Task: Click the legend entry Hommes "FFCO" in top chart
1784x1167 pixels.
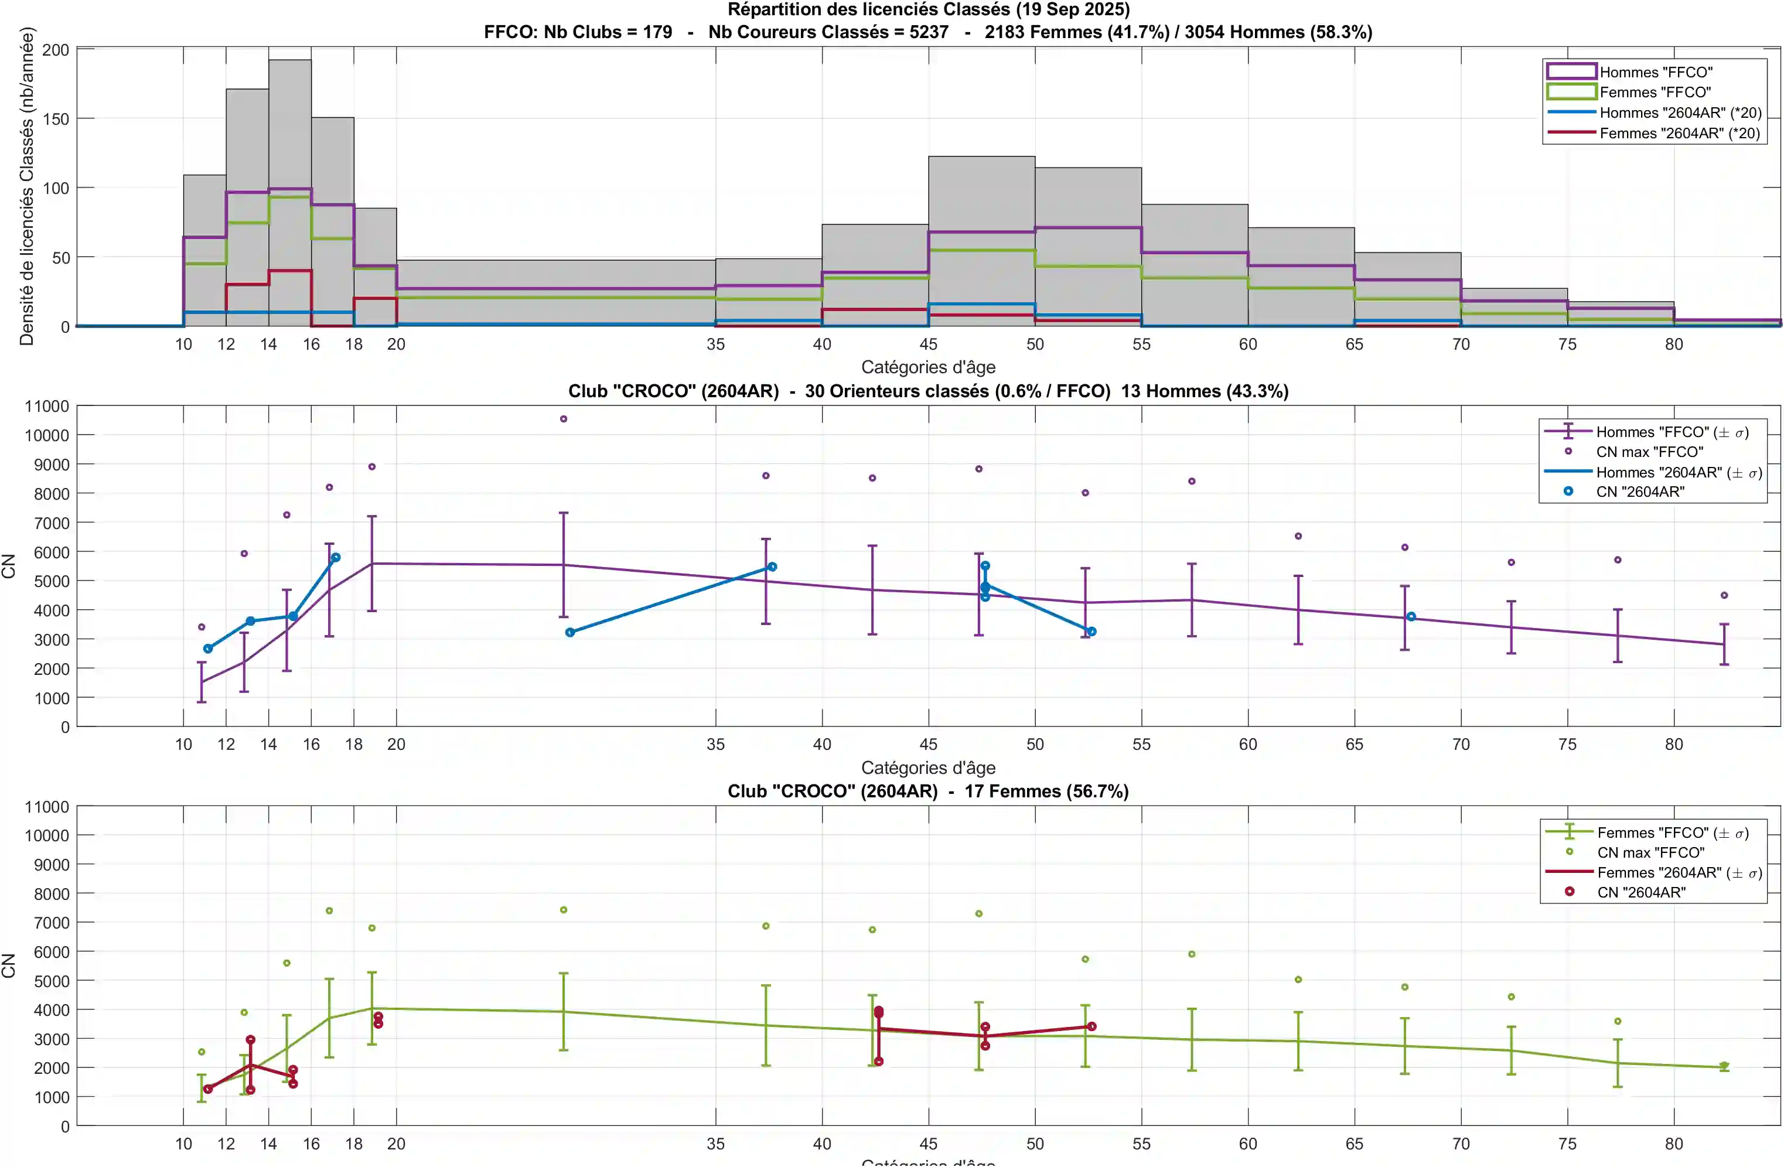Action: coord(1655,72)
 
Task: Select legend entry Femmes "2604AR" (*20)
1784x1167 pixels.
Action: coord(1679,134)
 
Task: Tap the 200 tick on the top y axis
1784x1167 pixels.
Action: coord(56,50)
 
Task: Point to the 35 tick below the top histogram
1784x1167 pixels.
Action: coord(715,344)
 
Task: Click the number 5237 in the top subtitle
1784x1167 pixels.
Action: coord(929,32)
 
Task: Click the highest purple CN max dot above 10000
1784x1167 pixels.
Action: coord(564,419)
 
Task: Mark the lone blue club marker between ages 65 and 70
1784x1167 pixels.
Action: coord(1411,617)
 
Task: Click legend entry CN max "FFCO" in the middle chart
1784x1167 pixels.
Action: coord(1649,452)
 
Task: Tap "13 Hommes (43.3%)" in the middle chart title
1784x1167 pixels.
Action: coord(1205,391)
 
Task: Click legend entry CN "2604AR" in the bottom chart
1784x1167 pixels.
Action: coord(1641,892)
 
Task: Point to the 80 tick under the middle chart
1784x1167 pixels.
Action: coord(1674,744)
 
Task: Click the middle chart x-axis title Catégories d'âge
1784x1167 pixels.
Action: coord(928,767)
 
